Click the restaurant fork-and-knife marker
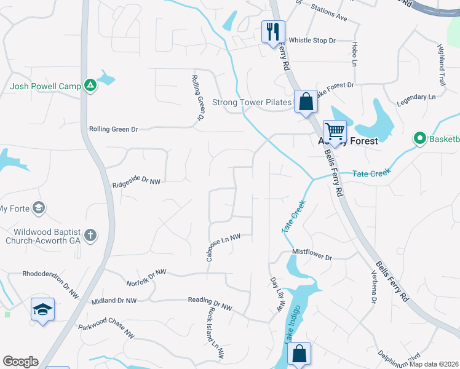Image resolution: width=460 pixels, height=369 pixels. tap(273, 31)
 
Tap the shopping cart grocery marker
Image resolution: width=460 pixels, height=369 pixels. tap(335, 130)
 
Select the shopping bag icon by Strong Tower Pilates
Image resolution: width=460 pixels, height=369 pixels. tap(306, 100)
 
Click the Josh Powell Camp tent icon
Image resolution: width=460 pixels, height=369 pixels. tap(90, 85)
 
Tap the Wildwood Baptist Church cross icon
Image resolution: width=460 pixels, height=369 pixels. tap(90, 234)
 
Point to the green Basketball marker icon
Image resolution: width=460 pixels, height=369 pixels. tap(421, 138)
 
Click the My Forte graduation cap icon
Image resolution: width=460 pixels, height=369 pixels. tap(39, 207)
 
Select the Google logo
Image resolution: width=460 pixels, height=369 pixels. tap(20, 362)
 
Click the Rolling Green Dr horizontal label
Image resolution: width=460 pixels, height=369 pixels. tap(114, 129)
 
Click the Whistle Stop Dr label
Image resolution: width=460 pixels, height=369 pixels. tap(312, 40)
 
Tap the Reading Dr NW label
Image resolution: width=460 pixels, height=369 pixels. tap(210, 304)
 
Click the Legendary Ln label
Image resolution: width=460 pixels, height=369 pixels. tap(416, 98)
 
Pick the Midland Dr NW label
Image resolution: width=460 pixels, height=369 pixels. tap(113, 301)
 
